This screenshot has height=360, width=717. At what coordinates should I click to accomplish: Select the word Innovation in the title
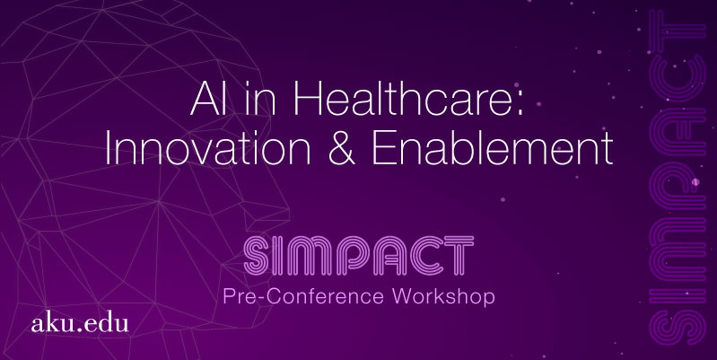point(207,148)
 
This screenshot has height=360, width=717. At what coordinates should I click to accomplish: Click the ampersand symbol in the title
point(341,149)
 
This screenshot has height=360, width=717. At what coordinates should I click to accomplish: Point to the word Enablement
point(492,148)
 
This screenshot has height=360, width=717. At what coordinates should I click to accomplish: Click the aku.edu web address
point(80,323)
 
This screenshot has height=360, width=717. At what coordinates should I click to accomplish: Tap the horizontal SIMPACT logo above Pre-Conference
point(359,255)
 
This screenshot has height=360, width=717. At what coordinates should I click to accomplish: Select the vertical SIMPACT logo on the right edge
point(678,178)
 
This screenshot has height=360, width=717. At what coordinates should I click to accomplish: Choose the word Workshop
point(443,296)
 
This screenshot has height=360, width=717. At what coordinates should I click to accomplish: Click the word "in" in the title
point(260,99)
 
